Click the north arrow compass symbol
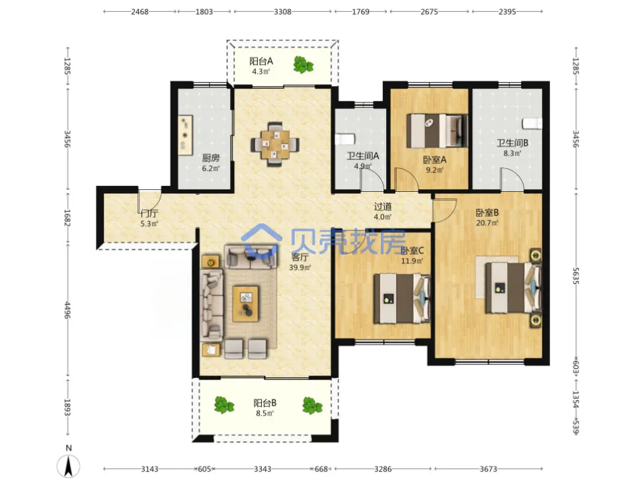(x=68, y=466)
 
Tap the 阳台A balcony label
(x=260, y=62)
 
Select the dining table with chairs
(x=275, y=144)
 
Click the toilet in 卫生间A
(x=344, y=140)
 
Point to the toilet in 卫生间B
(x=532, y=123)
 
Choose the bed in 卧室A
(x=437, y=130)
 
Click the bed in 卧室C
(x=402, y=298)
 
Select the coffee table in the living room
(x=245, y=304)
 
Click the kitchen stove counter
(x=186, y=135)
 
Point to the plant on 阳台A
(x=303, y=65)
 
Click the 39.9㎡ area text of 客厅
(x=300, y=267)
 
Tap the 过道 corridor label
(x=383, y=206)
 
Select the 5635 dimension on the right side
(x=576, y=275)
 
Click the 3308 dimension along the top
(x=282, y=12)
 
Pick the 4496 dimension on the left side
(x=68, y=310)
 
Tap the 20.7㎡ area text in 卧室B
(x=487, y=223)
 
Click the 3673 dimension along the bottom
(x=489, y=469)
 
